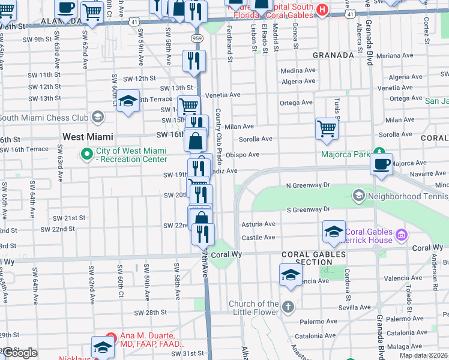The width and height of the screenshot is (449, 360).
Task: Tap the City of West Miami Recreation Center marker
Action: click(87, 155)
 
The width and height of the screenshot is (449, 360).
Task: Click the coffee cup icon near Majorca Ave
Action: click(381, 164)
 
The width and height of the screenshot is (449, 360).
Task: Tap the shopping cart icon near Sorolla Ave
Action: click(326, 128)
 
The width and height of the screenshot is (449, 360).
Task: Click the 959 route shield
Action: click(197, 38)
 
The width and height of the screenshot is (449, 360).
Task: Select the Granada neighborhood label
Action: click(333, 55)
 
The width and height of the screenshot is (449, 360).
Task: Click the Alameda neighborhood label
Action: click(62, 21)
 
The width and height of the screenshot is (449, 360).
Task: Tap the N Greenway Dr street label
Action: click(308, 185)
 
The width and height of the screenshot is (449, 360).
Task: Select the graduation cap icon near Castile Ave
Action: click(334, 232)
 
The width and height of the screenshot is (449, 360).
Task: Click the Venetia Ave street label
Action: click(223, 95)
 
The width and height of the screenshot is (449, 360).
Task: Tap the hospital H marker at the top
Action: click(322, 9)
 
